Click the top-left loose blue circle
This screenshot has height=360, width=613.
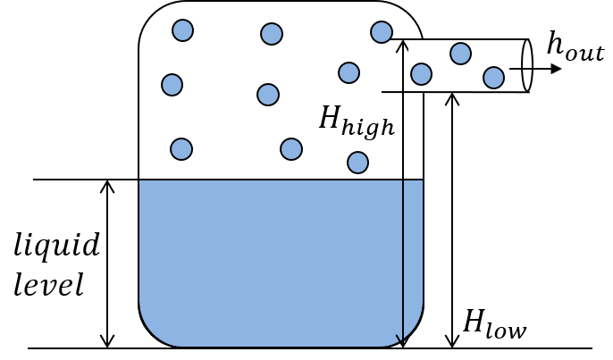pyautogui.click(x=182, y=30)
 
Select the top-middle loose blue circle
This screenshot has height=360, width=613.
pyautogui.click(x=272, y=34)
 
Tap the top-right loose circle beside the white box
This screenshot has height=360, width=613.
pyautogui.click(x=382, y=32)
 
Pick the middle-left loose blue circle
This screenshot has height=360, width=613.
pyautogui.click(x=172, y=85)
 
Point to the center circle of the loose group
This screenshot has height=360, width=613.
pyautogui.click(x=268, y=95)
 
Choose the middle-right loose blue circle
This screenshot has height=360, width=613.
pyautogui.click(x=348, y=72)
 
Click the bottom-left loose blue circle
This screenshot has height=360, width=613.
pyautogui.click(x=181, y=149)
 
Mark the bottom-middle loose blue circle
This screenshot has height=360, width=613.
pyautogui.click(x=291, y=149)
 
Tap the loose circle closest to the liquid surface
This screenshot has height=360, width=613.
pyautogui.click(x=357, y=163)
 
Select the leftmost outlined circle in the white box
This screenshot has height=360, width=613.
pyautogui.click(x=421, y=74)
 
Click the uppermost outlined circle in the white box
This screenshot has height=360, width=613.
pyautogui.click(x=460, y=54)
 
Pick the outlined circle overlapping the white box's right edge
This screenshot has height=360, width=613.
pyautogui.click(x=493, y=78)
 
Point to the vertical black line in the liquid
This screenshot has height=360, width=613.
pyautogui.click(x=403, y=250)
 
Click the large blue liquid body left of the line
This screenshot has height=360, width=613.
pyautogui.click(x=268, y=259)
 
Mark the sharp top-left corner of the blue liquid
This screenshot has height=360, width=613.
pyautogui.click(x=140, y=181)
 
